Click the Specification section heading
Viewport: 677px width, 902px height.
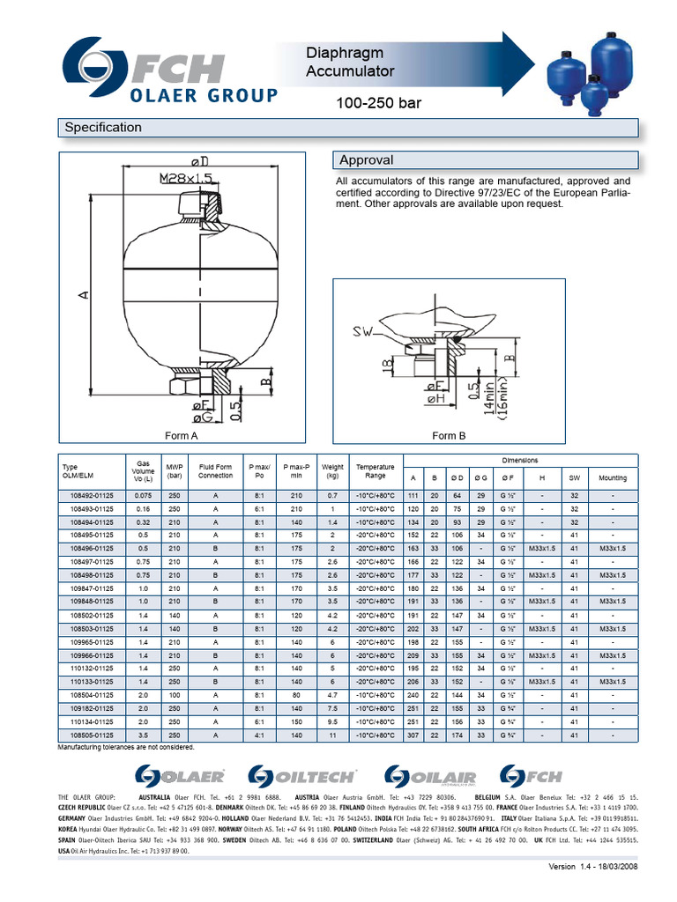pyautogui.click(x=103, y=128)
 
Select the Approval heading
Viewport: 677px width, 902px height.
pyautogui.click(x=366, y=160)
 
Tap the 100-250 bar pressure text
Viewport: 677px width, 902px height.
pyautogui.click(x=379, y=104)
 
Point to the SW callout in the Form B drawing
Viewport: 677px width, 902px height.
pyautogui.click(x=364, y=332)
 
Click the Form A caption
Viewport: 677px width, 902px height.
pyautogui.click(x=182, y=436)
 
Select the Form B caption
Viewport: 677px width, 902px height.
pyautogui.click(x=449, y=436)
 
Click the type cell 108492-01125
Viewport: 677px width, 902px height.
pyautogui.click(x=92, y=496)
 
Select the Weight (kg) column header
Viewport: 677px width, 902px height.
pyautogui.click(x=332, y=471)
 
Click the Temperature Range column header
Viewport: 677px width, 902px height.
pyautogui.click(x=376, y=471)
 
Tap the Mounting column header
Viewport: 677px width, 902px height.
pyautogui.click(x=613, y=478)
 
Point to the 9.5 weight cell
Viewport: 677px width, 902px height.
pyautogui.click(x=332, y=721)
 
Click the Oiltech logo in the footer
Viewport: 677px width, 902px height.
pyautogui.click(x=302, y=775)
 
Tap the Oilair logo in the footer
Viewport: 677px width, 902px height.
pyautogui.click(x=432, y=775)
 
